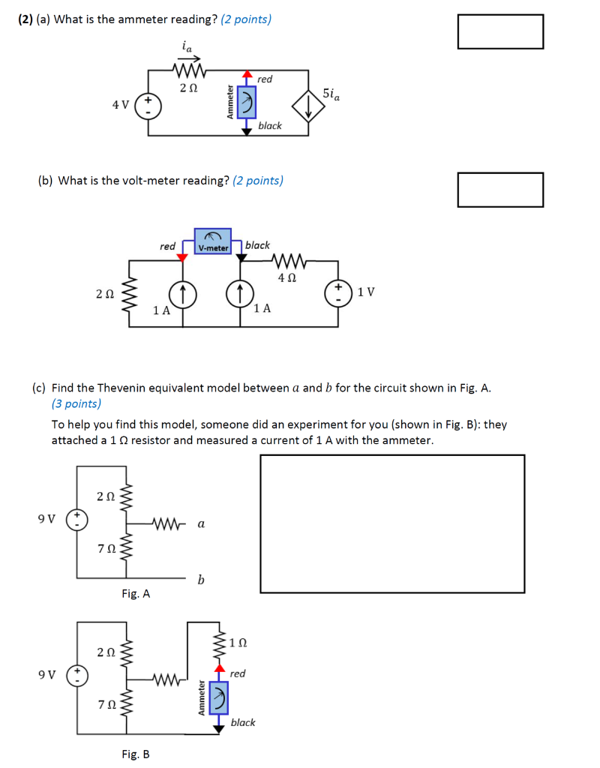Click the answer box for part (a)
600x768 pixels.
(500, 31)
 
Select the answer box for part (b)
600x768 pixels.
(500, 190)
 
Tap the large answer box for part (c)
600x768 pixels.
(392, 523)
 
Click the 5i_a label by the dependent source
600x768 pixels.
(331, 94)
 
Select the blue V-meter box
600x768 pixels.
(213, 241)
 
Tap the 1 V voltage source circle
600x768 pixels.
(337, 292)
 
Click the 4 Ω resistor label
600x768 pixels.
(287, 277)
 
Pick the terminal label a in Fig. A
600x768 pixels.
(200, 524)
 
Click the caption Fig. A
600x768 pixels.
(136, 594)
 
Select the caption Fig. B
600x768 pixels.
(136, 754)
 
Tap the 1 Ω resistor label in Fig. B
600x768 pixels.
(238, 643)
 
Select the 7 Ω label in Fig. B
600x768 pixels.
(106, 704)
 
